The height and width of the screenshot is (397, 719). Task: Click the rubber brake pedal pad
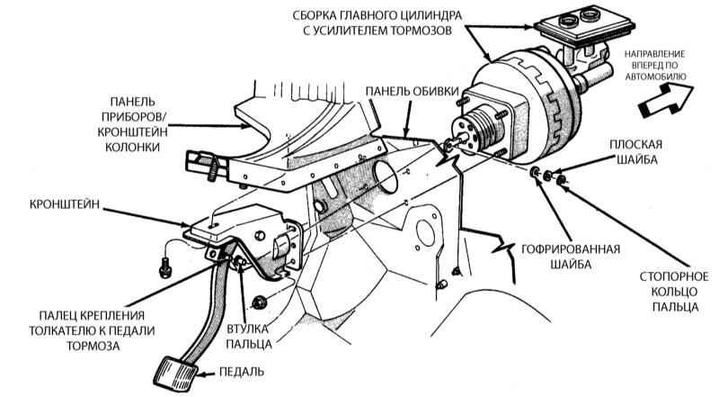[176, 371]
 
